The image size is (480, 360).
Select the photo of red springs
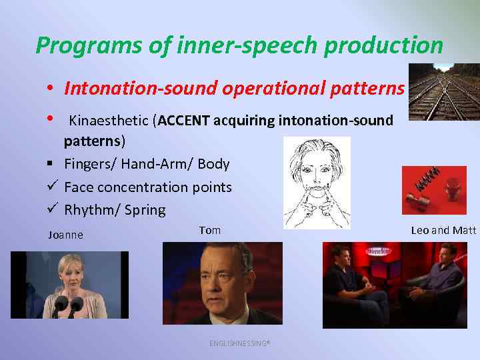coord(434,190)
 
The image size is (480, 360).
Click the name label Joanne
coord(65,235)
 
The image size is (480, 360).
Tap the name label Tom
coord(209,231)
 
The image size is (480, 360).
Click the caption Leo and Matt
coord(443,231)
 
